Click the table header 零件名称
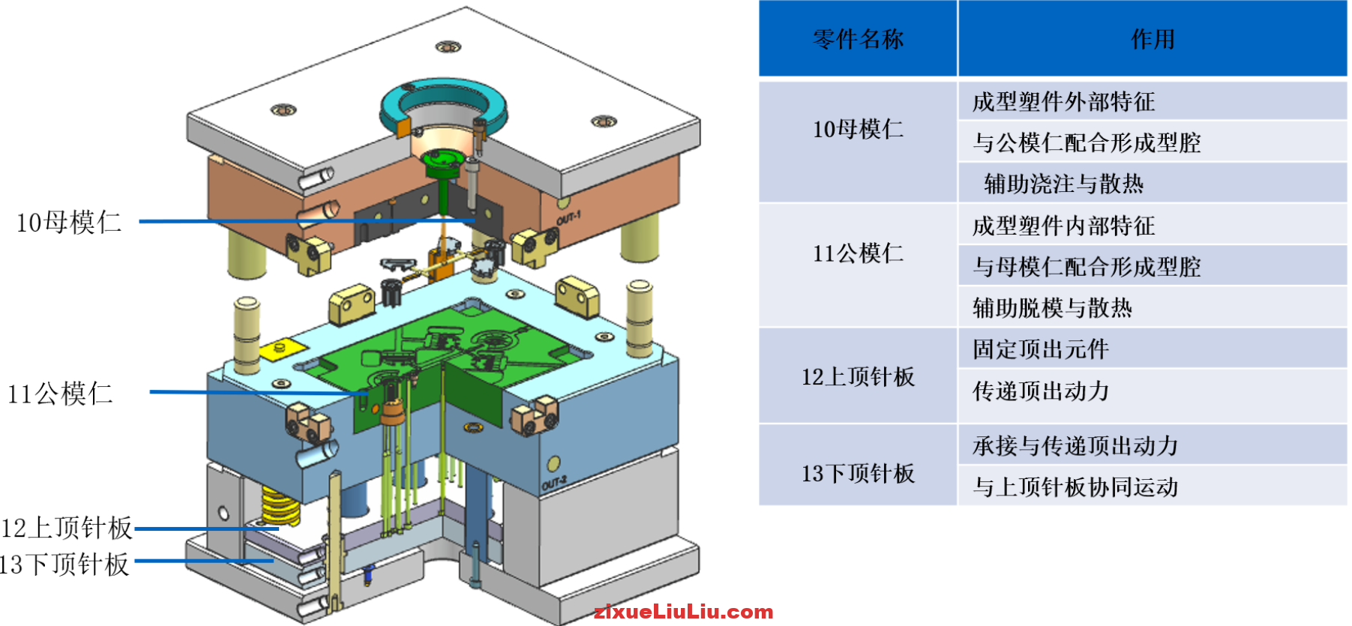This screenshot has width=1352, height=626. point(858,39)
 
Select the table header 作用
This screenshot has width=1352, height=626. point(1153,39)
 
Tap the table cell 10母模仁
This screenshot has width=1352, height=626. point(858,130)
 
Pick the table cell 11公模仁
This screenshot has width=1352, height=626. point(858,253)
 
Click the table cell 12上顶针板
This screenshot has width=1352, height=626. point(858,376)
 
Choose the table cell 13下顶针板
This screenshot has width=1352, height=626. point(858,474)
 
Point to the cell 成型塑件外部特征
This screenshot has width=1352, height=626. point(1063,102)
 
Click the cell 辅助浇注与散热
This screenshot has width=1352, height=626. point(1063,184)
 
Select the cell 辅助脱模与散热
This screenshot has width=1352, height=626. point(1052,307)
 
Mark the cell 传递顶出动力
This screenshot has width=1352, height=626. point(1040,391)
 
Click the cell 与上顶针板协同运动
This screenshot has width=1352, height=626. point(1075,487)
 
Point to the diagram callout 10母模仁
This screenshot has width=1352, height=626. point(69,222)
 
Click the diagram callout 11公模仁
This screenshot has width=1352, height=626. point(60,394)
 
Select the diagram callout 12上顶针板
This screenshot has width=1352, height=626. point(67,528)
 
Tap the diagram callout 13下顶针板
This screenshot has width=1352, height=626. point(64,565)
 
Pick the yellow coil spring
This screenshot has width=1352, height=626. point(280,505)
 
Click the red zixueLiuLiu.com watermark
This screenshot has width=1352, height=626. point(683,613)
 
